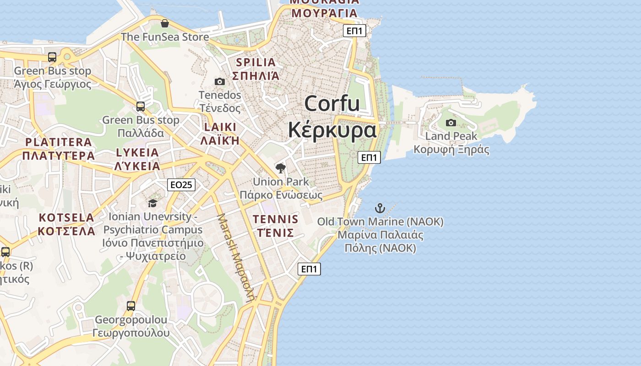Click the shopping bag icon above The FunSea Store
(165, 23)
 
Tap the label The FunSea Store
(165, 37)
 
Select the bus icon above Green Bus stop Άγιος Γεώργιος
(52, 57)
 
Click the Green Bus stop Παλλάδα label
(141, 126)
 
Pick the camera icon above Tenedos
(220, 81)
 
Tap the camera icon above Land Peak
(451, 123)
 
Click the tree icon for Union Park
(281, 168)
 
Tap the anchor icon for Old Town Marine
(380, 209)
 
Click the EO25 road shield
(181, 184)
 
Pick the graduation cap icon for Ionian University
(152, 203)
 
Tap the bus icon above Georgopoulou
(131, 306)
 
